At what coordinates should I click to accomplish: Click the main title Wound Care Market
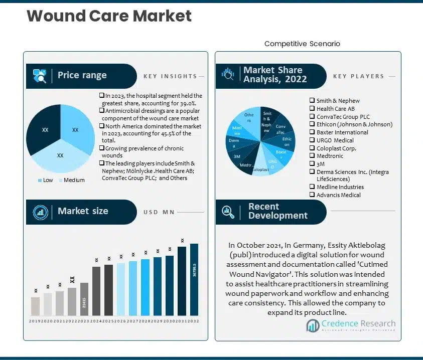109,16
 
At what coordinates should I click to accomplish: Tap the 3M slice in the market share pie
237,156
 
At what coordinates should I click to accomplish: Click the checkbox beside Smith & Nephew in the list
312,101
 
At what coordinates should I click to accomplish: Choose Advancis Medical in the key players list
338,195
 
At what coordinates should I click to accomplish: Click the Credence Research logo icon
313,326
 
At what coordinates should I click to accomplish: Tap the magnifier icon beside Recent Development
228,212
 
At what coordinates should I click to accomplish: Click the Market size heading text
83,211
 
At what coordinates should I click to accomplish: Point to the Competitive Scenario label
302,44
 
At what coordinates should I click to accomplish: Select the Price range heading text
82,75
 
